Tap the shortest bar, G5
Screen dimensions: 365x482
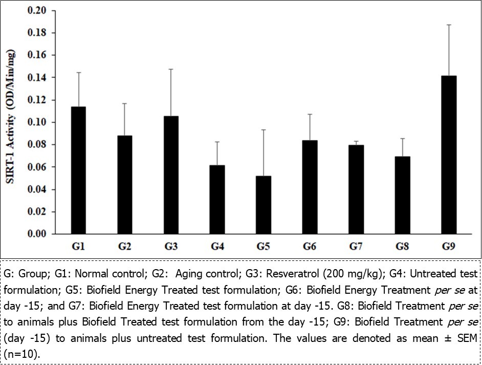(x=264, y=205)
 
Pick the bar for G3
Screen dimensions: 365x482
(x=171, y=175)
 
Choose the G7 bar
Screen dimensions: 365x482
(x=356, y=189)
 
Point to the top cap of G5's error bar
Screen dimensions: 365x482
(x=264, y=130)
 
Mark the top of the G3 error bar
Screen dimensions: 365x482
(x=171, y=69)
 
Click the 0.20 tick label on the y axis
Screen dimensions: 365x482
(x=36, y=11)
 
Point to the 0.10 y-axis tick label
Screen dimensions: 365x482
(x=36, y=123)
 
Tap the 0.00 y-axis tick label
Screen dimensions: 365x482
(x=36, y=234)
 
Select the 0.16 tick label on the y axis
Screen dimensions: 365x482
(x=36, y=55)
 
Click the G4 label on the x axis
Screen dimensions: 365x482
(x=217, y=247)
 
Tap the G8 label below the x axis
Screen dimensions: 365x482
(x=402, y=247)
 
